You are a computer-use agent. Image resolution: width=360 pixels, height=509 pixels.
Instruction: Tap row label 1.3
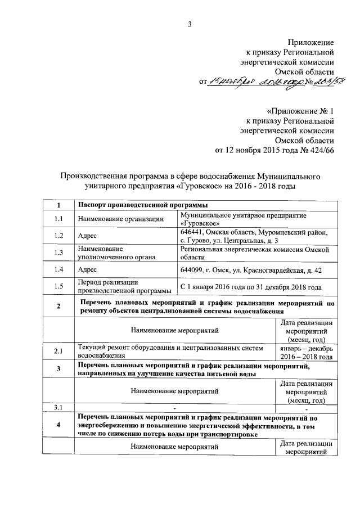point(58,252)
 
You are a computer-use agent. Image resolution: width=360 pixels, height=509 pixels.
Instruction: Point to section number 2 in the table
point(58,306)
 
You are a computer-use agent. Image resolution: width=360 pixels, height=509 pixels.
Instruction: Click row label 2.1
point(58,352)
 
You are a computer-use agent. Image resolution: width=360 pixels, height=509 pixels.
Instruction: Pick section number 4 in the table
point(58,426)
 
